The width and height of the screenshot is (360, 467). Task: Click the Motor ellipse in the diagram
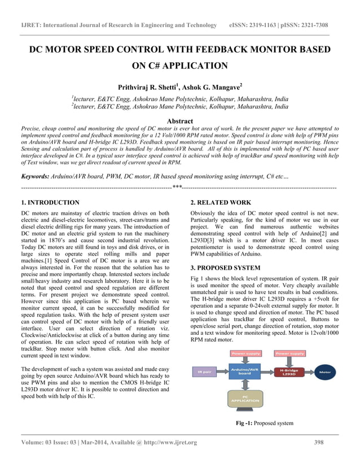[324, 372]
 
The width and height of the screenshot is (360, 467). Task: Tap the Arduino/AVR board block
[245, 371]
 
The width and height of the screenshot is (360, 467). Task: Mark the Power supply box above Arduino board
[245, 353]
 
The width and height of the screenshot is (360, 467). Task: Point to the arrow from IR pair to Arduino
[224, 372]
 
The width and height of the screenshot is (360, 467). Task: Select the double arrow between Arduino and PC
[245, 385]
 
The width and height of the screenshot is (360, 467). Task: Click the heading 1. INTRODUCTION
[50, 202]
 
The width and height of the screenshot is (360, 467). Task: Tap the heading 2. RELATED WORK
[221, 202]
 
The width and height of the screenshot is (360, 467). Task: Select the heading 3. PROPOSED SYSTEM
[225, 267]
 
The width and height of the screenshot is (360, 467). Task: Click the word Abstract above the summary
[180, 121]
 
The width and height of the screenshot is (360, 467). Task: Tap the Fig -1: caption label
[246, 423]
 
